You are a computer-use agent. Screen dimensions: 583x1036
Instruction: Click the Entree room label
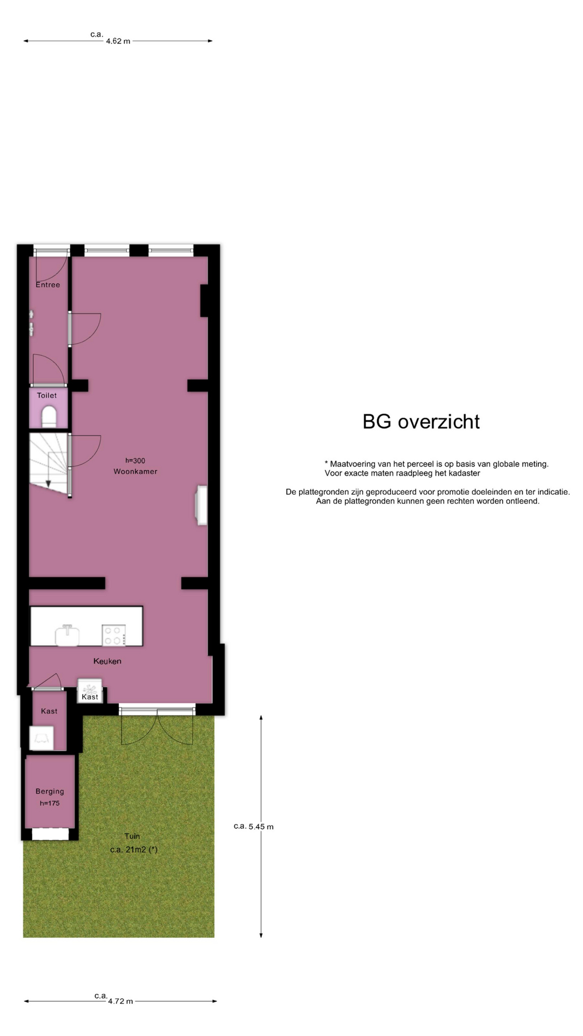48,285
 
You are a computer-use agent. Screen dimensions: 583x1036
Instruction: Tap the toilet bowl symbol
49,416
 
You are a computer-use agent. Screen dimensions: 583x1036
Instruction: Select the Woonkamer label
135,472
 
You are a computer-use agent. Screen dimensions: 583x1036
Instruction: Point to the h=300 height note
135,461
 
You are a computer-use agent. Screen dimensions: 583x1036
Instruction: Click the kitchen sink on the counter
67,636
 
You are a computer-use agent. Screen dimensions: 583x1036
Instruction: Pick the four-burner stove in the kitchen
114,635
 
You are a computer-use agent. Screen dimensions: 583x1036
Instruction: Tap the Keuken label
107,661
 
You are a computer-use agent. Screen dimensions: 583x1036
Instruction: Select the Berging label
50,792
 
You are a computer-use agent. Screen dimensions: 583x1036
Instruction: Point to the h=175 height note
50,803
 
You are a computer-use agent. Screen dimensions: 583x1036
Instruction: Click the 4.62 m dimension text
118,41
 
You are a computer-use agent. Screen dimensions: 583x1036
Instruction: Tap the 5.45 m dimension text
261,827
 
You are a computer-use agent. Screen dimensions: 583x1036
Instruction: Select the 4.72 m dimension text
120,1001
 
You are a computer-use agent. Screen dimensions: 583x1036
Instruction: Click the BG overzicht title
421,422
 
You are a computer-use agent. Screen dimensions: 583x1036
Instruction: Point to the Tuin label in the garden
132,836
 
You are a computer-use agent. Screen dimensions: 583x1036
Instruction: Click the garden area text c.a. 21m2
134,850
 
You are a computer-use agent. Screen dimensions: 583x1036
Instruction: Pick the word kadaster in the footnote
463,473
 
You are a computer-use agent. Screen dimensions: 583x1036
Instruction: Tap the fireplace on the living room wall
201,506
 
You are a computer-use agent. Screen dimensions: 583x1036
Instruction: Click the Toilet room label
47,396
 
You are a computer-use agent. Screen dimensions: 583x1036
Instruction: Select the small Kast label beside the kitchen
90,697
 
